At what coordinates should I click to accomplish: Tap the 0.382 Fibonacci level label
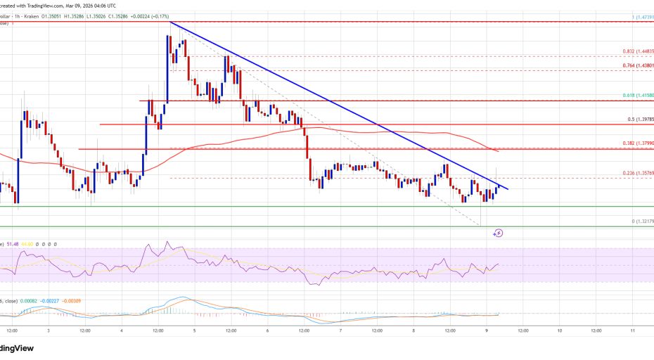tap(638, 143)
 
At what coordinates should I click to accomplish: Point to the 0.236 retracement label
tap(638, 174)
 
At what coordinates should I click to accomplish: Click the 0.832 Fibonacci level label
tap(638, 51)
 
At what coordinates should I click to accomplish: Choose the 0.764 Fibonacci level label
tap(638, 65)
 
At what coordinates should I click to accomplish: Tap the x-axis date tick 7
tap(341, 330)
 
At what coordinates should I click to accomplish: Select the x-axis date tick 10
tap(559, 330)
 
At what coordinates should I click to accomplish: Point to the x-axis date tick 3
tap(48, 330)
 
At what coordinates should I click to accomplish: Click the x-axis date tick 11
tap(633, 330)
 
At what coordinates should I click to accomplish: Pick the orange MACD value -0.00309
tap(71, 301)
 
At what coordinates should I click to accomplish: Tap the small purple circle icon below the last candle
tap(499, 232)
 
